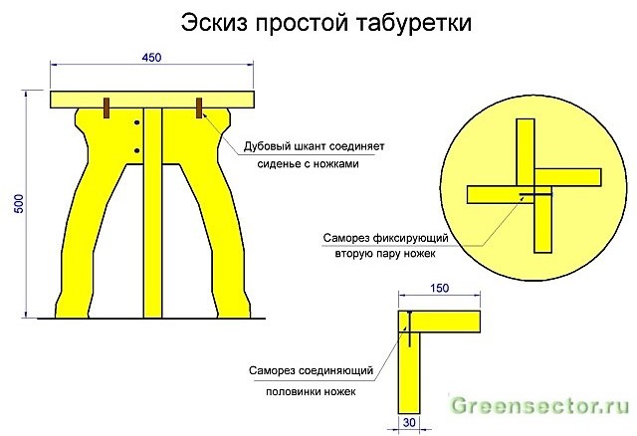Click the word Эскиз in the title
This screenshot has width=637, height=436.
(214, 23)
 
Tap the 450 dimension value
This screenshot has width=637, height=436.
(151, 58)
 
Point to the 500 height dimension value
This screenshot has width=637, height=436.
(19, 203)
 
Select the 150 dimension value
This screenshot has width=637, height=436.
(439, 288)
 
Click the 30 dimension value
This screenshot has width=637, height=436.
(409, 423)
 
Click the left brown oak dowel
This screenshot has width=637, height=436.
(106, 108)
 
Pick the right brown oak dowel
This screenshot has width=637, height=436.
(199, 108)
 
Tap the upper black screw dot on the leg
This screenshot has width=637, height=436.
(137, 122)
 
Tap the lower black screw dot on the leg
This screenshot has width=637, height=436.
(137, 150)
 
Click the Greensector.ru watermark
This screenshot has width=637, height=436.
(539, 405)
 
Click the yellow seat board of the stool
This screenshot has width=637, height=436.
(152, 100)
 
